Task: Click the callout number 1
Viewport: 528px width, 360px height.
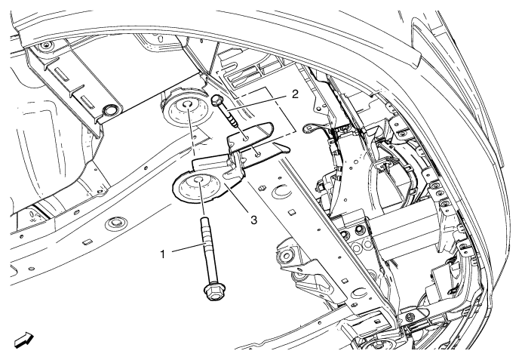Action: pos(163,254)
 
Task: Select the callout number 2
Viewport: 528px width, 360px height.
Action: pos(295,94)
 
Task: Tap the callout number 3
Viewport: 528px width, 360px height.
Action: pos(253,220)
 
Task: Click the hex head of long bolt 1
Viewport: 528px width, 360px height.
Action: pos(213,292)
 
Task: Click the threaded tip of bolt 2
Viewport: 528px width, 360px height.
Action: pos(232,121)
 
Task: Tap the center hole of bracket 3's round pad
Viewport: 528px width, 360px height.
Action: pos(198,179)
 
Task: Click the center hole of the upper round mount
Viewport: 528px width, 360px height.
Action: pos(186,104)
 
